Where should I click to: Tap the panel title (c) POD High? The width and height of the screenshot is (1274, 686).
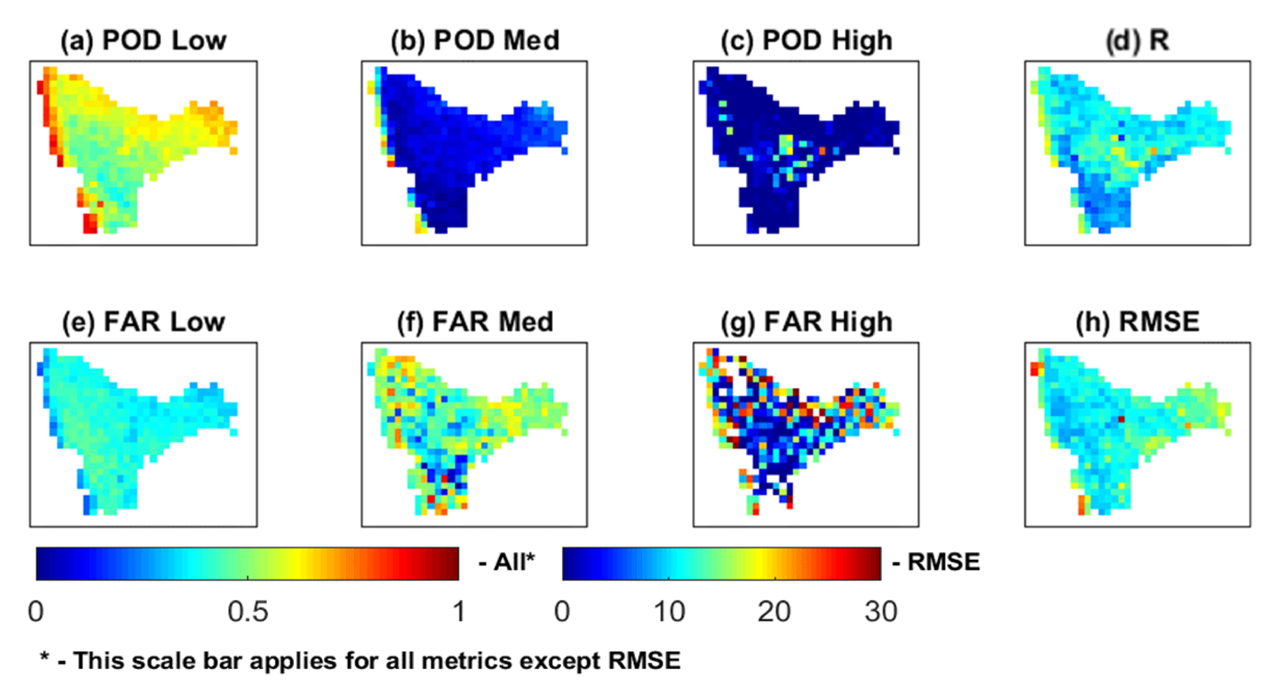(806, 41)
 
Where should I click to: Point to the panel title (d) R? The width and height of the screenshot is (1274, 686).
(1137, 41)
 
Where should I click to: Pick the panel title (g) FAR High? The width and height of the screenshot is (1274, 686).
(806, 322)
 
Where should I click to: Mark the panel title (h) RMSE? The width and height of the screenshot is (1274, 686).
(1137, 322)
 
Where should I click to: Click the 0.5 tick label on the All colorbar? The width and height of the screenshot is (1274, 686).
(248, 612)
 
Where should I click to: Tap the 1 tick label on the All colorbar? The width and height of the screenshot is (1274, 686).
(459, 612)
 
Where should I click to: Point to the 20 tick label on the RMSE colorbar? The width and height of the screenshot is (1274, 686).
(774, 612)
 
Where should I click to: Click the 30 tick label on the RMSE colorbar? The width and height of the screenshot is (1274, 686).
(880, 612)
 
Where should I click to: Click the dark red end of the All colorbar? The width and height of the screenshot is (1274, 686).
(453, 563)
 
